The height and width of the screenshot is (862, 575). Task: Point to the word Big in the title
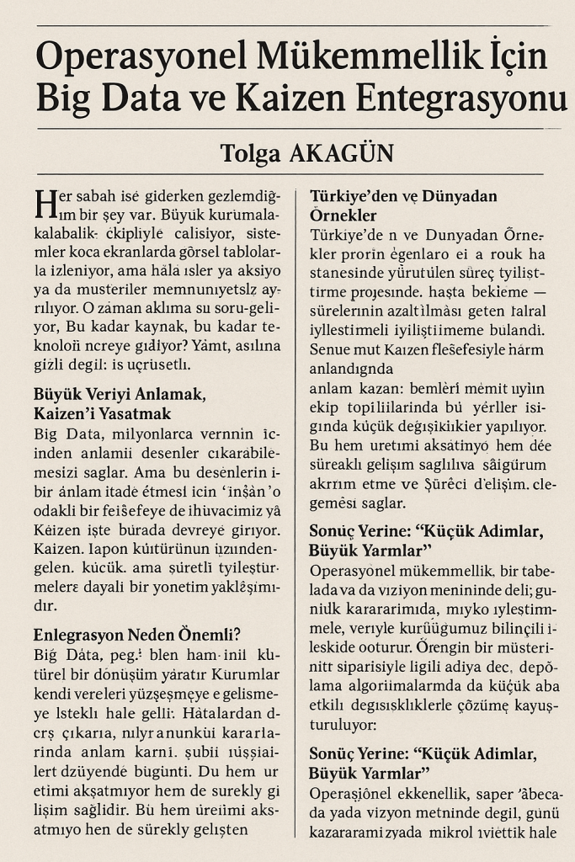62,99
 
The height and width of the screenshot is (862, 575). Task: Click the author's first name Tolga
249,154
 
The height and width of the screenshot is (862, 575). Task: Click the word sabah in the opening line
100,196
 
